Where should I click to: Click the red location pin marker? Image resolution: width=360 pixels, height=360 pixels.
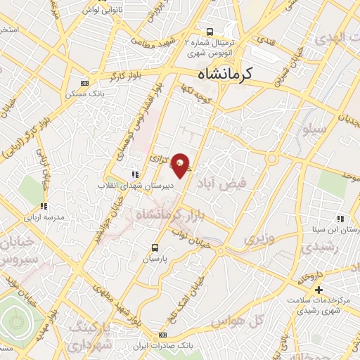coord(181,165)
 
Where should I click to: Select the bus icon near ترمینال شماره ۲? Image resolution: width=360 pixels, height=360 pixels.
coord(210,31)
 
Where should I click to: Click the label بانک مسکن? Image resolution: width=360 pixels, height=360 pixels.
coord(85,93)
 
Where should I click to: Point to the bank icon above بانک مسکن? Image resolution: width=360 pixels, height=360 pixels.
coord(85,83)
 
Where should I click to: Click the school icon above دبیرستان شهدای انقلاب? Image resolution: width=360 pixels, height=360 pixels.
coord(135,174)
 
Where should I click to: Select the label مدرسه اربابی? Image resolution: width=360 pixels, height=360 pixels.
coord(44,217)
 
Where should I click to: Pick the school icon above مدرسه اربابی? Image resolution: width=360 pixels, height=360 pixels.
coord(44,207)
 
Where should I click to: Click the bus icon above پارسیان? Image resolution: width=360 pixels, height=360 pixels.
coord(155,247)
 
